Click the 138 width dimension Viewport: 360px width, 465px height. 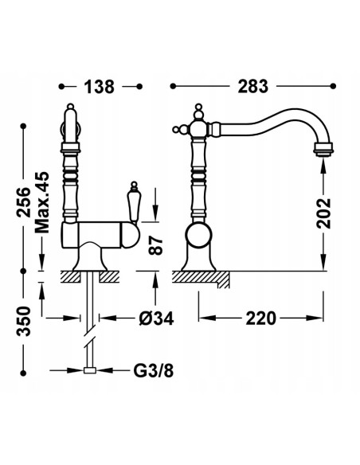click(x=99, y=87)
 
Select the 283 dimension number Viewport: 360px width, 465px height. click(x=253, y=86)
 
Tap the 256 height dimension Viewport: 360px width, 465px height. click(x=23, y=202)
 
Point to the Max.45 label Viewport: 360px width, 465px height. click(x=41, y=202)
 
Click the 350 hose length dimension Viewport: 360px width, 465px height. click(x=23, y=322)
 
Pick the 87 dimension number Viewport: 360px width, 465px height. click(x=155, y=245)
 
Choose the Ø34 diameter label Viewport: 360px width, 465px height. click(x=156, y=318)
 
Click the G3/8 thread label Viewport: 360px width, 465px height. click(x=153, y=370)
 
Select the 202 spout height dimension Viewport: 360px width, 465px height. click(x=323, y=213)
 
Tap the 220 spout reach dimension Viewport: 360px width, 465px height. click(x=261, y=318)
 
